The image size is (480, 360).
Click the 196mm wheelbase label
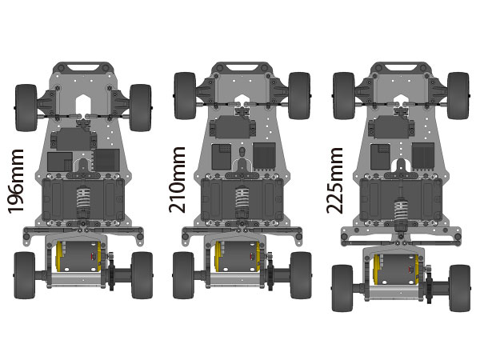tap(16, 182)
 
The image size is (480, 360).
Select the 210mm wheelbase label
tap(177, 180)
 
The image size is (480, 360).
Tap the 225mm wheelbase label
tap(334, 181)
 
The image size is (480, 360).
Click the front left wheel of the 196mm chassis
tap(26, 108)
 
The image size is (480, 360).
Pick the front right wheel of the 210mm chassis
tap(299, 95)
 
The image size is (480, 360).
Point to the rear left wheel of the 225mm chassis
tap(343, 288)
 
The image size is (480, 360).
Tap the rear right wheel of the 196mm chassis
tap(142, 275)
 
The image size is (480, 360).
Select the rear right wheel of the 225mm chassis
tap(460, 288)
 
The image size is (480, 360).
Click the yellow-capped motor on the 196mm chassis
tap(78, 257)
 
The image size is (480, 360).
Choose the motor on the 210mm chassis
tap(238, 257)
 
